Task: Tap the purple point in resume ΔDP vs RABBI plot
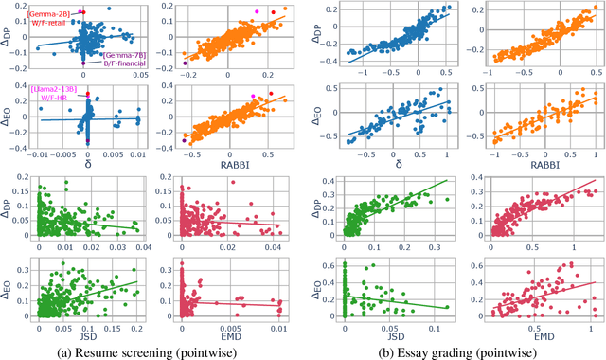pos(184,63)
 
